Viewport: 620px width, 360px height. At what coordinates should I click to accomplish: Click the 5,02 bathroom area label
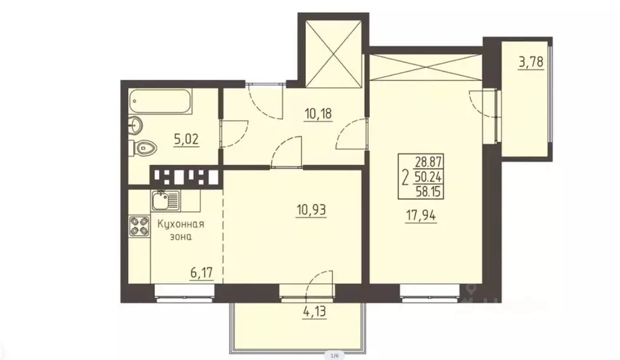pos(187,139)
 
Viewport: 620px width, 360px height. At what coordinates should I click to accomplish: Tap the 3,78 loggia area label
pos(530,63)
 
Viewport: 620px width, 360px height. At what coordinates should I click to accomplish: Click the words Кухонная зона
pos(180,231)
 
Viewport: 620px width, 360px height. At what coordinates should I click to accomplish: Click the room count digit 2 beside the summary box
pos(404,177)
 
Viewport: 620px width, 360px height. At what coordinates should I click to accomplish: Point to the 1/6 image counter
pos(334,355)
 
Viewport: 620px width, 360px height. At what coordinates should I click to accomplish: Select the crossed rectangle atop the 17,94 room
pos(427,67)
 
